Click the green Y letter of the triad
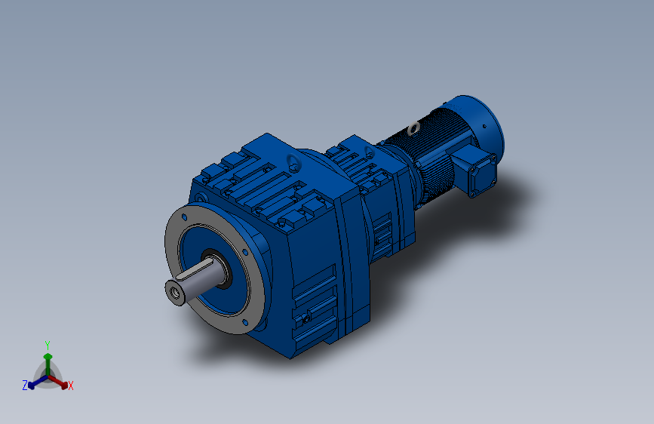click(48, 344)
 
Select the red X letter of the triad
click(71, 386)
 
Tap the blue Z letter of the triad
click(24, 385)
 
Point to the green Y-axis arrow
click(48, 359)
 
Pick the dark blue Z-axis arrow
click(35, 382)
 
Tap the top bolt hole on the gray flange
click(183, 217)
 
